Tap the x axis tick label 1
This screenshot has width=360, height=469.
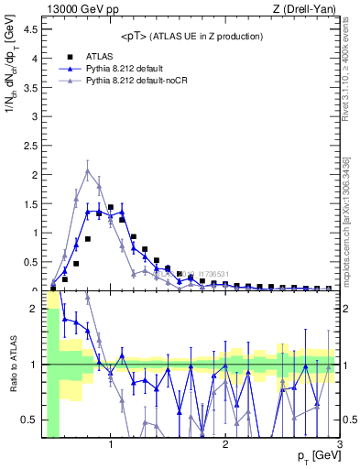pos(111,446)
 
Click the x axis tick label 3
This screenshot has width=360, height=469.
pos(339,446)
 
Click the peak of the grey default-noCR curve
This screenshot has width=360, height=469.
pos(88,171)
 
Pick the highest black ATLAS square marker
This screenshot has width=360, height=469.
pos(111,207)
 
